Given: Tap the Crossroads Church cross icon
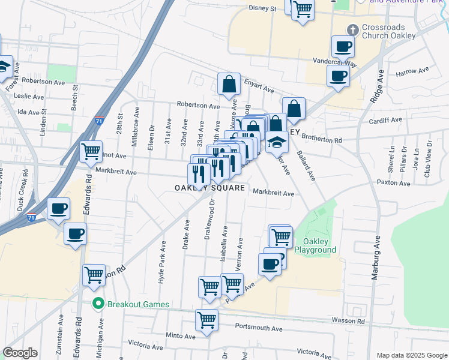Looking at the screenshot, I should pyautogui.click(x=353, y=28).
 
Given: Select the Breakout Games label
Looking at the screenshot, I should pyautogui.click(x=138, y=304).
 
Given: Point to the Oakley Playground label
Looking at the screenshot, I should pyautogui.click(x=315, y=245).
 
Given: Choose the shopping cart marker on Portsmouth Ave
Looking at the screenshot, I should pyautogui.click(x=207, y=320).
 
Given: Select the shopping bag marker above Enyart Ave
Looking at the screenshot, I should pyautogui.click(x=229, y=84).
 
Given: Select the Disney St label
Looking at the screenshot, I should pyautogui.click(x=262, y=9).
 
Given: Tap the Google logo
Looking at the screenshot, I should pyautogui.click(x=20, y=353).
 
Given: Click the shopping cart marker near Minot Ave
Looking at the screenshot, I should pyautogui.click(x=91, y=152).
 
